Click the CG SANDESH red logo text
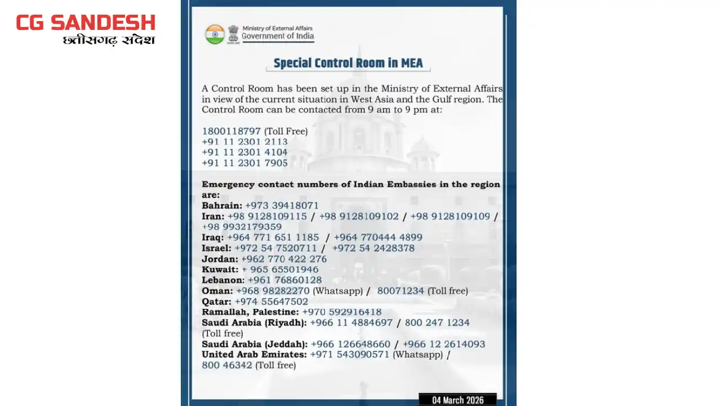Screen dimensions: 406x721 pos(86,23)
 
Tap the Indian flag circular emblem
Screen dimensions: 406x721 pos(215,34)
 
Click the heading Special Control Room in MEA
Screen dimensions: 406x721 pos(348,63)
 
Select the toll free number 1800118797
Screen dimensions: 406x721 pos(232,131)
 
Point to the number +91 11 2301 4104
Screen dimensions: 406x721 pos(244,152)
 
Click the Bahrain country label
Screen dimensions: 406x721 pos(221,205)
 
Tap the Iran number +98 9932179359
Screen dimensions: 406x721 pos(242,227)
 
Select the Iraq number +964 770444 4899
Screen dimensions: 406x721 pos(378,237)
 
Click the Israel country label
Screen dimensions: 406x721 pos(216,248)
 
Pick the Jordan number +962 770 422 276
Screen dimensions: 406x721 pos(284,259)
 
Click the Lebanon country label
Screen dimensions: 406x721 pos(223,280)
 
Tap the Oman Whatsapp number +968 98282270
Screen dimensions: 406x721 pos(273,291)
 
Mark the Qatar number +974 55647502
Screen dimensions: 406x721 pos(272,302)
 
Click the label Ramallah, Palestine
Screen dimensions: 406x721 pos(250,312)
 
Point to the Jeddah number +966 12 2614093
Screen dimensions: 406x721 pos(444,344)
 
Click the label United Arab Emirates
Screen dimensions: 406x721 pos(254,355)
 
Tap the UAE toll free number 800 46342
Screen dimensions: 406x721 pos(227,365)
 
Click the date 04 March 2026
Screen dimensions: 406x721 pos(457,400)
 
